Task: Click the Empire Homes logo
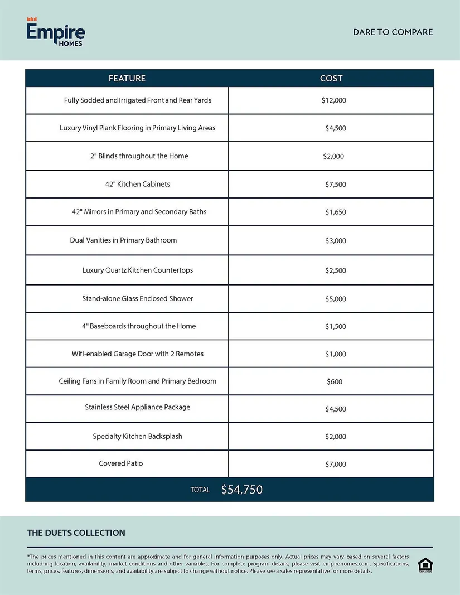tap(56, 32)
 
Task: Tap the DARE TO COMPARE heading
tap(393, 32)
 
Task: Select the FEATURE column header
tap(127, 79)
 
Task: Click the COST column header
tap(331, 79)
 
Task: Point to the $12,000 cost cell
tap(334, 101)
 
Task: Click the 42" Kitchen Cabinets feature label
tap(138, 184)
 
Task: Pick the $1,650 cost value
tap(336, 212)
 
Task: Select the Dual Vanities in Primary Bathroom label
tap(123, 240)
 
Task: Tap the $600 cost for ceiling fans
tap(335, 382)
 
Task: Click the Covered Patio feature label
tap(121, 463)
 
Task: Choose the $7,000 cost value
tap(336, 465)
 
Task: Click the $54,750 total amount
tap(242, 490)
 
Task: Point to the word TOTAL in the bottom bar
tap(200, 490)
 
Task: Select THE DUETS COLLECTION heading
tap(76, 533)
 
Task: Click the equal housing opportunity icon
tap(424, 565)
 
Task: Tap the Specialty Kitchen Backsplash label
tap(138, 436)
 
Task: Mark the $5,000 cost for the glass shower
tap(336, 299)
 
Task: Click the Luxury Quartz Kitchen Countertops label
tap(138, 270)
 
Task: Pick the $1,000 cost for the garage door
tap(336, 354)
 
